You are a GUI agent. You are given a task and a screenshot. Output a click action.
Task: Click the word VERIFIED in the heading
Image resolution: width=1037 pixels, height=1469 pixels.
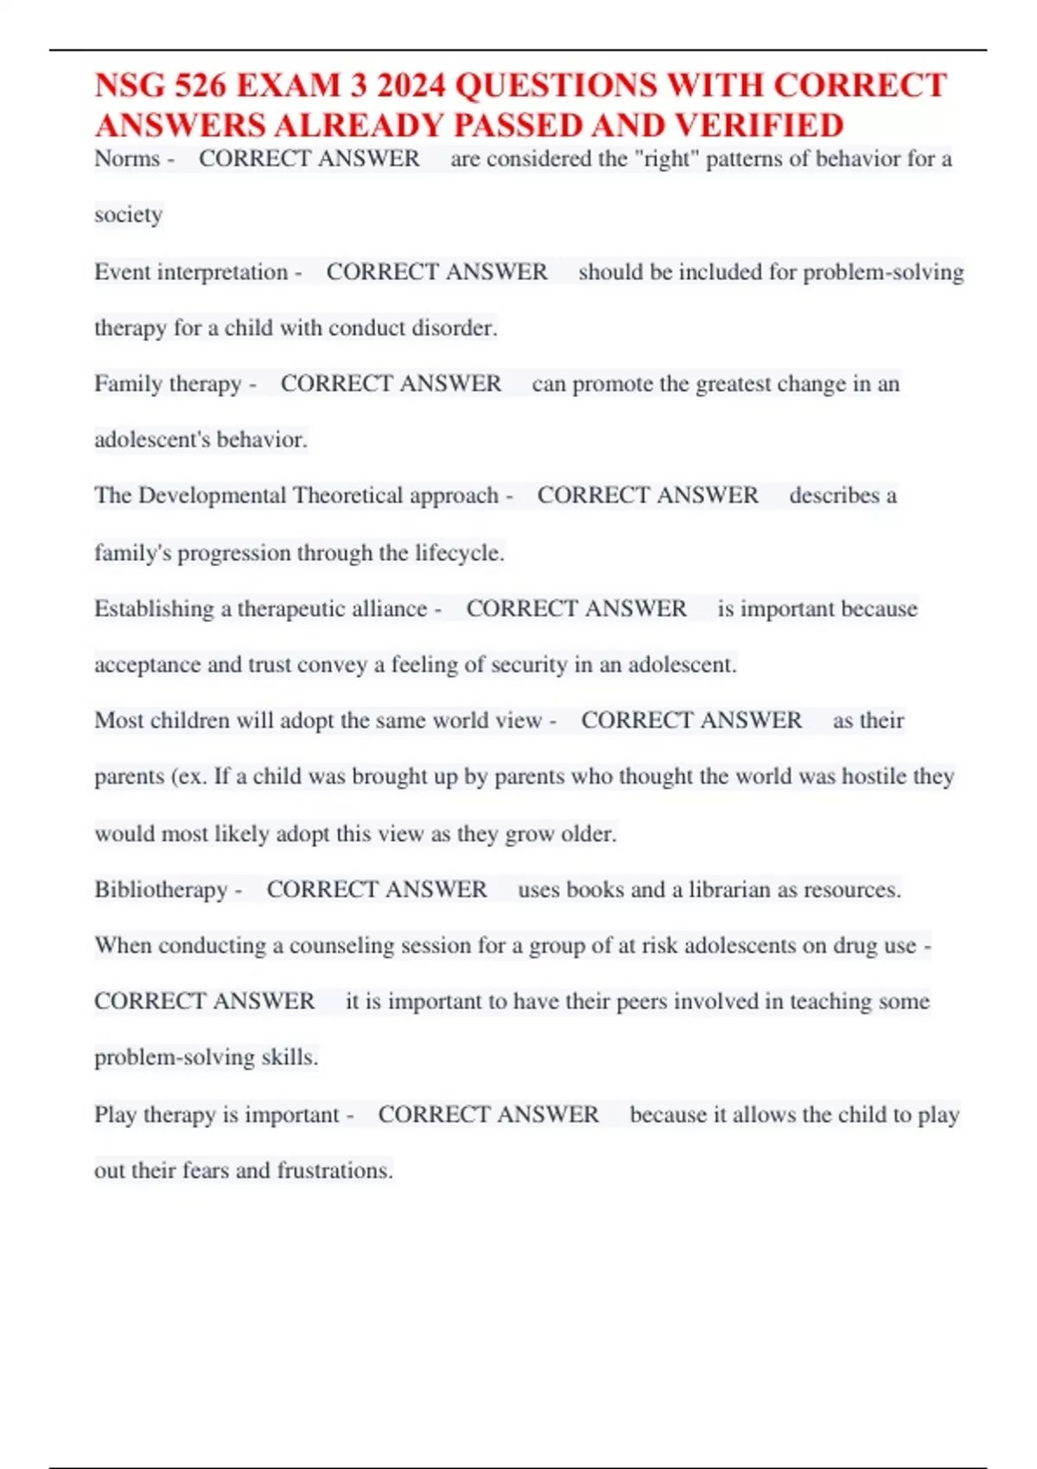[760, 126]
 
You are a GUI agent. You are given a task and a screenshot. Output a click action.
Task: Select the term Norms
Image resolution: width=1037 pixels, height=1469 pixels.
[127, 159]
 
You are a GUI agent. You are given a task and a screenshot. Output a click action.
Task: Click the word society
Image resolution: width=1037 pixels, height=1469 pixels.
[128, 214]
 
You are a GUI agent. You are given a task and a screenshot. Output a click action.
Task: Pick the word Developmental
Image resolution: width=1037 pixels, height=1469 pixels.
[212, 495]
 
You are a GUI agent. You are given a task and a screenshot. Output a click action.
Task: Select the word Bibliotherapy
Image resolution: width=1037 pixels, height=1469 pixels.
[161, 889]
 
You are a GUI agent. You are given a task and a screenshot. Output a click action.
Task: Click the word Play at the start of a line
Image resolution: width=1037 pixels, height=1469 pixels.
[115, 1115]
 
